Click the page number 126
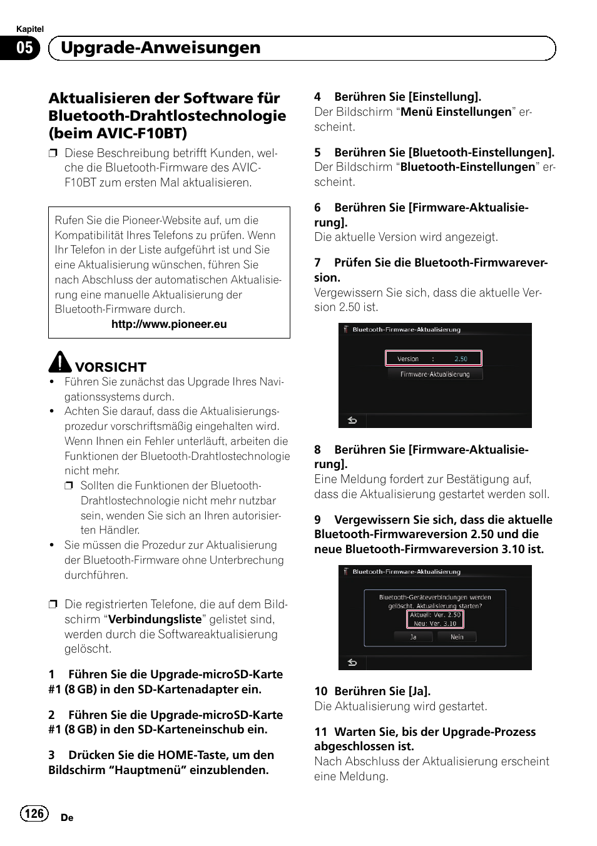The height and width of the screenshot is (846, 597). point(34,813)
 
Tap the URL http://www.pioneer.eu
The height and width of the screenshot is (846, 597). point(169,324)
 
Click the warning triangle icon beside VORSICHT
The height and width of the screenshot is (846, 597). point(61,362)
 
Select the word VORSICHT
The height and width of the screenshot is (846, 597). point(111,367)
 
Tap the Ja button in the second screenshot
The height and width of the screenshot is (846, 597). point(413,637)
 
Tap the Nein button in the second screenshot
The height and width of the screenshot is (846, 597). point(457,637)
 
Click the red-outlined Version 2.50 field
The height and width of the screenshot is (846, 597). point(434,359)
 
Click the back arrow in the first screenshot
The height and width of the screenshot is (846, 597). point(352,420)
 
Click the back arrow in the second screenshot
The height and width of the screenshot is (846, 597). point(352,662)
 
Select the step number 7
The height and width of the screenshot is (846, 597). point(318,262)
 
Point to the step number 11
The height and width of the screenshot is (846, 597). point(321,731)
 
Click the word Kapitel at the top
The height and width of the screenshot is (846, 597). point(30,29)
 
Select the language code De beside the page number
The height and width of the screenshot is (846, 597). point(68,818)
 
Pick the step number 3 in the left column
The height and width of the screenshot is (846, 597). point(52,755)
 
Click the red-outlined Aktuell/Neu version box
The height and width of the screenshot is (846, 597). point(435,619)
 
